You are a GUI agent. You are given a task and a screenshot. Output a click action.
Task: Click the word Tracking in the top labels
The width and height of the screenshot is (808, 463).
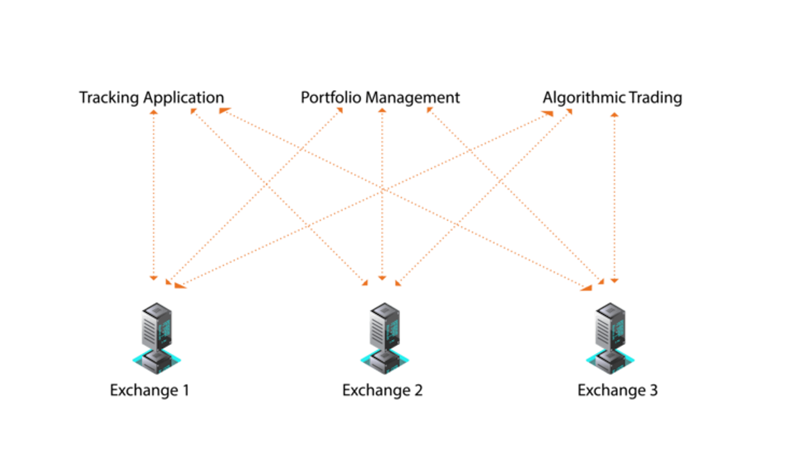click(109, 98)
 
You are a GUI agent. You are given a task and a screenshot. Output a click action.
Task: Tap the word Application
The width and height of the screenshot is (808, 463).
click(184, 98)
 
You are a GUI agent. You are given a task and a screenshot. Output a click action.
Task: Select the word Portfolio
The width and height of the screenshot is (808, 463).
click(331, 98)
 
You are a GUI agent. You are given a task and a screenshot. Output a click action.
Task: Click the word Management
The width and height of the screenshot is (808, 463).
click(412, 98)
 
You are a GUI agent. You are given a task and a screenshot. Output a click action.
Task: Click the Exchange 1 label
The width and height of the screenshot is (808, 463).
click(149, 390)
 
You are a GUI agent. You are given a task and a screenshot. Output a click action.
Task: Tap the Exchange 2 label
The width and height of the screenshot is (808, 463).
click(382, 390)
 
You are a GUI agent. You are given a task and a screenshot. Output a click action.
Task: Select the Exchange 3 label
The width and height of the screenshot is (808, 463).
click(617, 390)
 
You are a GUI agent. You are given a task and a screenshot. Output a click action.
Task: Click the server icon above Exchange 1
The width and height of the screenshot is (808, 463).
click(157, 338)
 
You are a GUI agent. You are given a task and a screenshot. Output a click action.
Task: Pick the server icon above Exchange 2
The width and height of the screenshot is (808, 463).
click(385, 338)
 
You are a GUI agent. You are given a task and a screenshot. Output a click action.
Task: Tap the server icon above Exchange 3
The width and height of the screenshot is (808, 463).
click(610, 338)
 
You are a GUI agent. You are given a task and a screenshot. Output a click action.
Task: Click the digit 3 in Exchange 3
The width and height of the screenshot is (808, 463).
click(654, 390)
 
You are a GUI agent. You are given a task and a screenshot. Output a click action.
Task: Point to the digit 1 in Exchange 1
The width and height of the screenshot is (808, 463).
click(186, 390)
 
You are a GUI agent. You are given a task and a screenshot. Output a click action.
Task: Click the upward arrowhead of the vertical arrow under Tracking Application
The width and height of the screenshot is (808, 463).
click(154, 112)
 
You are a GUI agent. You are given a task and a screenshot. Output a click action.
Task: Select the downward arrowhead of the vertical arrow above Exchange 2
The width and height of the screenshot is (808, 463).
click(382, 278)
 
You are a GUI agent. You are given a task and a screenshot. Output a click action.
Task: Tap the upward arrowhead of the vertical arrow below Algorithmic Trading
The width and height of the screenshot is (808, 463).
click(614, 114)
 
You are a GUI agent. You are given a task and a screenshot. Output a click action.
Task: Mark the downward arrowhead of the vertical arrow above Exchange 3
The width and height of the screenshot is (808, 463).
click(614, 280)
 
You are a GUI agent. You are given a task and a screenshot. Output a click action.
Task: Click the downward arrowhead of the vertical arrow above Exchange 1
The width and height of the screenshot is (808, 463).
click(154, 278)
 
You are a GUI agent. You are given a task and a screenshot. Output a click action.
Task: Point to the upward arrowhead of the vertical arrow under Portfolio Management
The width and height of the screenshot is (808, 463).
click(382, 111)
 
